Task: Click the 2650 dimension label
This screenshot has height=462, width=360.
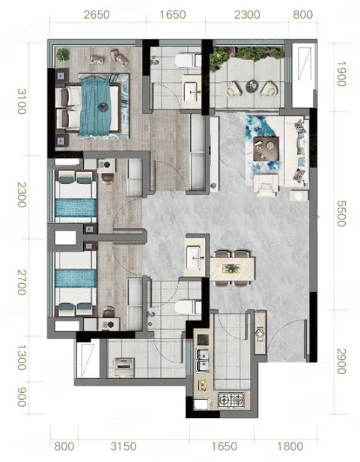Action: point(97,15)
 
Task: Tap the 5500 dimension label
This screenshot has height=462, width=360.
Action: point(341,213)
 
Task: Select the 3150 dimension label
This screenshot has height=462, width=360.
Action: point(123,446)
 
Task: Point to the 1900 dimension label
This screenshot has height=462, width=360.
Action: point(341,73)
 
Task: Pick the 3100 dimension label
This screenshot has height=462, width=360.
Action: point(22,101)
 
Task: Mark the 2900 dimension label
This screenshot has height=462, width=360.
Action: point(341,361)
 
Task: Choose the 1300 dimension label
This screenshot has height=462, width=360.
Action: point(22,358)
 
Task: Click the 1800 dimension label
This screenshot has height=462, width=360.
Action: point(290,446)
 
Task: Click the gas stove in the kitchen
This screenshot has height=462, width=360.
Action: point(231,400)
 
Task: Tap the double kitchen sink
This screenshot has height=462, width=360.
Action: point(202,361)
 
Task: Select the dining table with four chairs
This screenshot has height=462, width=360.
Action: point(232,268)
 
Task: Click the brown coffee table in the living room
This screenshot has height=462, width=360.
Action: point(266,149)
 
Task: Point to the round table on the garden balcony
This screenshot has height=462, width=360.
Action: point(251,86)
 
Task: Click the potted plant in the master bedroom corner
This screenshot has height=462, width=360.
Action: point(64,55)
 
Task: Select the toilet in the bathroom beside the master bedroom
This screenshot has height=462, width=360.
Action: point(188,61)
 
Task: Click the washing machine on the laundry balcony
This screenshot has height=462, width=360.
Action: point(124,368)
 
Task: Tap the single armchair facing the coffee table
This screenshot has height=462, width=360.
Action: point(266,186)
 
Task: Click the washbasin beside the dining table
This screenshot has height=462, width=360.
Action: point(194,258)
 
